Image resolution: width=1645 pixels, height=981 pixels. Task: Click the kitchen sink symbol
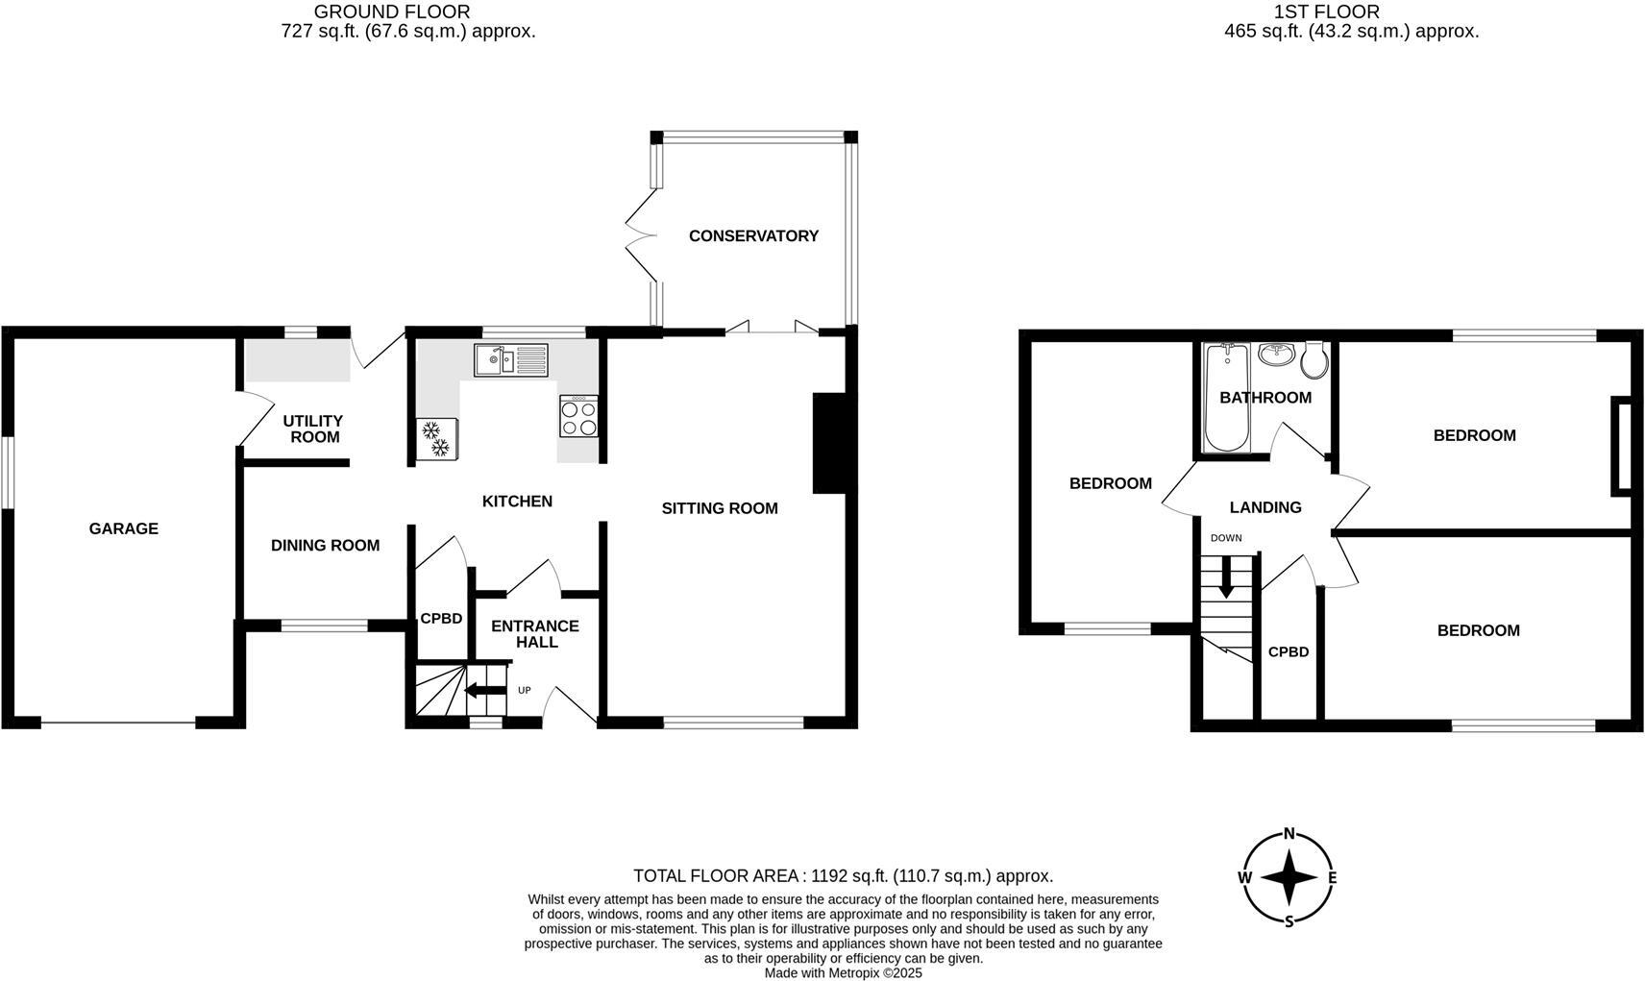[510, 360]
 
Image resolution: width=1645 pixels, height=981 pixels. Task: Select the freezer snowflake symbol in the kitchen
[436, 438]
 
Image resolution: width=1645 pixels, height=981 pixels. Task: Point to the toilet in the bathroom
[1315, 360]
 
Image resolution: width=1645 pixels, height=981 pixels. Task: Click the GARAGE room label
[123, 528]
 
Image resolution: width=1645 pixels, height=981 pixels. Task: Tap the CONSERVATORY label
[753, 235]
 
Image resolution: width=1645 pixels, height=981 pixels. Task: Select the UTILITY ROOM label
[313, 429]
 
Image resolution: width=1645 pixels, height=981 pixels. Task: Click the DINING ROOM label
[325, 546]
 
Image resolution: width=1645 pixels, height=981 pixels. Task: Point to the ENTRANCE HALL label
[535, 633]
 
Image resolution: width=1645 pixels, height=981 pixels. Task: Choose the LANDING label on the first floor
[1265, 507]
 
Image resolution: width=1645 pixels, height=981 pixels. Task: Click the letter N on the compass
[1289, 833]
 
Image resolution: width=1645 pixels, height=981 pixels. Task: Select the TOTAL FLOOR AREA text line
[843, 875]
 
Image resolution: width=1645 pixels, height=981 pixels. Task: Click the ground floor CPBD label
[441, 619]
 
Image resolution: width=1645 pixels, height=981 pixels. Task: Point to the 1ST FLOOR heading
[1326, 12]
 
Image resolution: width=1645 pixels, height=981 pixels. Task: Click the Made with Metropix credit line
[843, 972]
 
